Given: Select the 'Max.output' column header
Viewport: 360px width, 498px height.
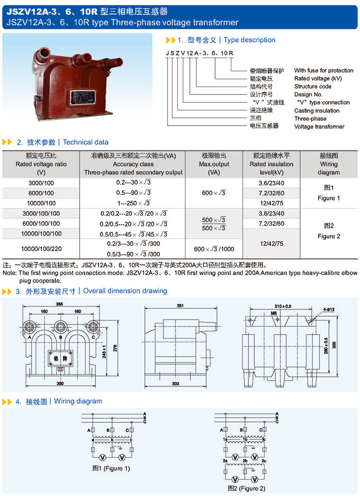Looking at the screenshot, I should [x=214, y=164].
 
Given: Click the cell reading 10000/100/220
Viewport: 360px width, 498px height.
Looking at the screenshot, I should [x=40, y=249].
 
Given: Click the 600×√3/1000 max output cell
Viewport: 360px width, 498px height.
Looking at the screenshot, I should [x=214, y=249].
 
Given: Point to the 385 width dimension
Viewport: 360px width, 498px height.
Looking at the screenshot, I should [x=59, y=304].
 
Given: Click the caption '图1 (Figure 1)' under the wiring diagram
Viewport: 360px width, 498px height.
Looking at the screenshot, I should [x=111, y=468].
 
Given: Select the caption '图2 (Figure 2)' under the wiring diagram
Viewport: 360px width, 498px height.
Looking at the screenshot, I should [x=246, y=488].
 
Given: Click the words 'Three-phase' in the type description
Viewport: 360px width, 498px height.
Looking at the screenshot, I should [x=310, y=119].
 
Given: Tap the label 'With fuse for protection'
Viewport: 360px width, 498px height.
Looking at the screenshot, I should [x=324, y=70].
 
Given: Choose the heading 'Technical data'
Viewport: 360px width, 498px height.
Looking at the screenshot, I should [x=85, y=142].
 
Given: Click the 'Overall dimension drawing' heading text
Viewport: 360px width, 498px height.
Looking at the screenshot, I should [x=125, y=291].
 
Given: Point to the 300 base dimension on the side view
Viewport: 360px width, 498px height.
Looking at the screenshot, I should [x=175, y=384].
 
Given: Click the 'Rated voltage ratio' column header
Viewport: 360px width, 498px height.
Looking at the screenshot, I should [x=40, y=164].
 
